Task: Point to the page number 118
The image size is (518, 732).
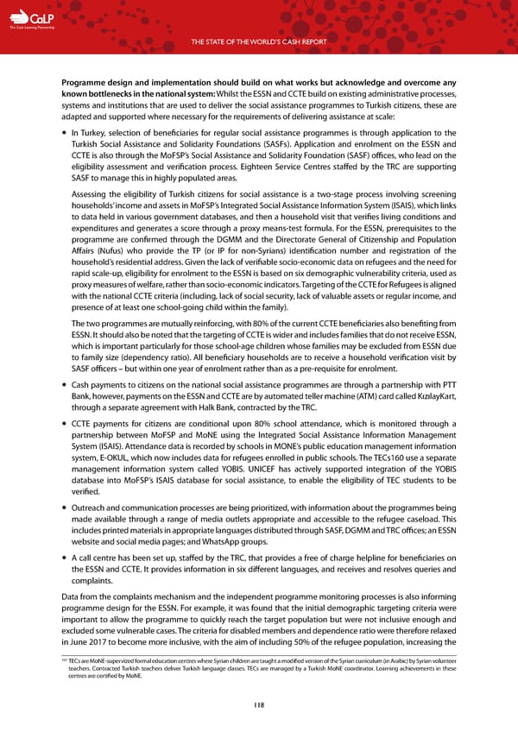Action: point(259,704)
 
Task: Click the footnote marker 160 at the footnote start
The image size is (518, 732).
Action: point(64,659)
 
